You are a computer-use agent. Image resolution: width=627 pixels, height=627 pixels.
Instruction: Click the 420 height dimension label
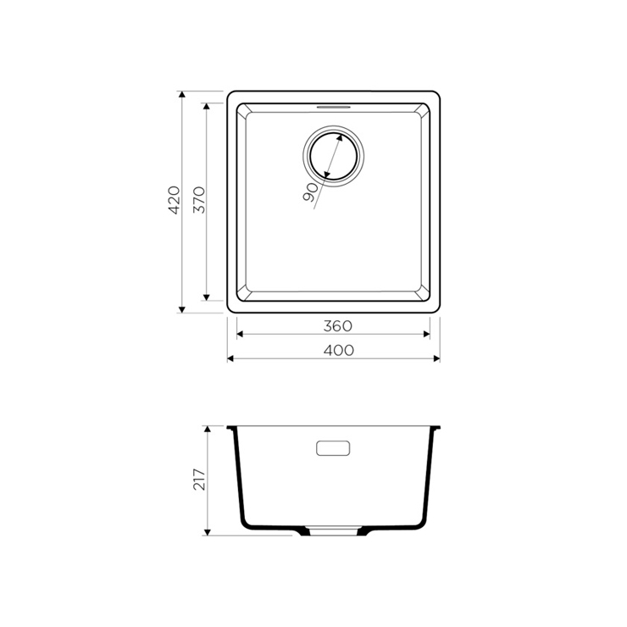[175, 200]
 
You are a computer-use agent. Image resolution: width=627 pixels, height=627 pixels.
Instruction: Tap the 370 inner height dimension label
[199, 200]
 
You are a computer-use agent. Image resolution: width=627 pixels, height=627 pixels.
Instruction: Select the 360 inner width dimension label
[338, 326]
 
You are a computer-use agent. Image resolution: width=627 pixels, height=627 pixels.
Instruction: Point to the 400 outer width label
[339, 351]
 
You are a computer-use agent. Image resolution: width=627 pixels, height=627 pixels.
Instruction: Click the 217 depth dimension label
[199, 480]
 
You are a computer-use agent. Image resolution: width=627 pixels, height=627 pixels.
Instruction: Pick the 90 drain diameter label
[310, 192]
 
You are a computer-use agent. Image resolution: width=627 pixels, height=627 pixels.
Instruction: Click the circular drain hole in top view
[333, 156]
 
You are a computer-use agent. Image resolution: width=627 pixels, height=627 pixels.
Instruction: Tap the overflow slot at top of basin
[333, 107]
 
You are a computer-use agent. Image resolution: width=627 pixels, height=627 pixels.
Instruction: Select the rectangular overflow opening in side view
[333, 448]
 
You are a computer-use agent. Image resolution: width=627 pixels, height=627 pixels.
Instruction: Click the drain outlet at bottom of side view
[333, 531]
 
